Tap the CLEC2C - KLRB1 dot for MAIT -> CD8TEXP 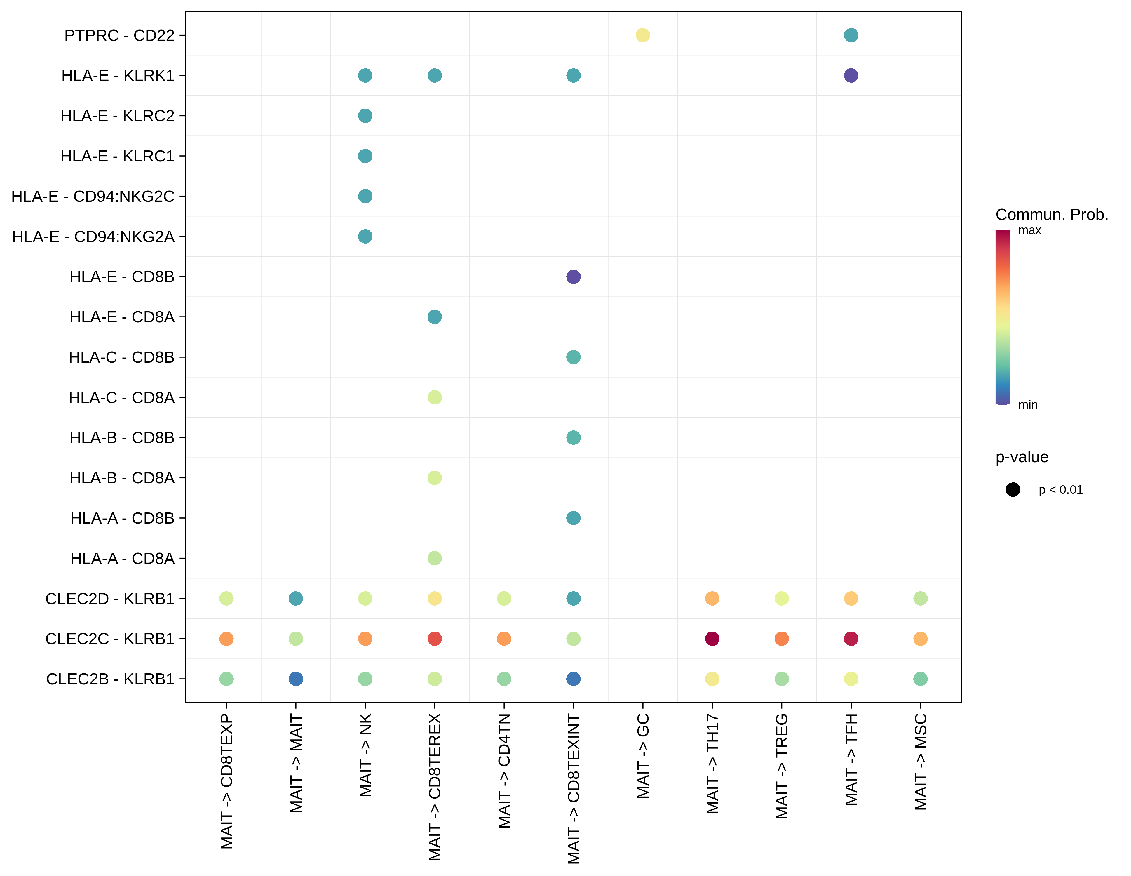point(226,639)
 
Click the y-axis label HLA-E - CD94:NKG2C point(93,196)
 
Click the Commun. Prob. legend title point(1051,214)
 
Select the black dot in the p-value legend point(1013,490)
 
